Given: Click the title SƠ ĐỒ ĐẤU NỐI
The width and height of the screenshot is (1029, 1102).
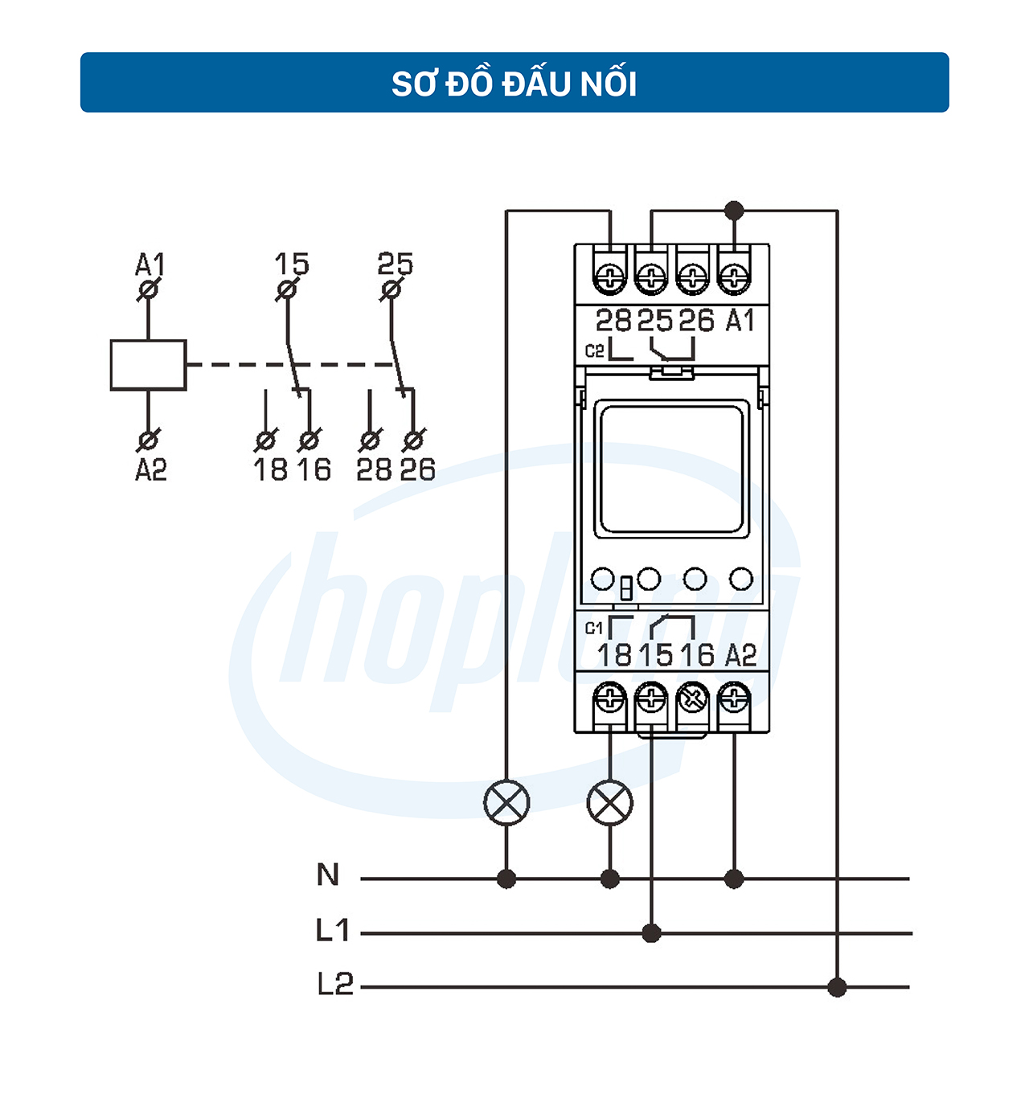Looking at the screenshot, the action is (x=514, y=84).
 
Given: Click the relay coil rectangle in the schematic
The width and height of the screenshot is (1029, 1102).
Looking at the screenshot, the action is (x=148, y=365).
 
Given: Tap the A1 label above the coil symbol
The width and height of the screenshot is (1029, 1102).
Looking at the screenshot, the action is (x=150, y=264).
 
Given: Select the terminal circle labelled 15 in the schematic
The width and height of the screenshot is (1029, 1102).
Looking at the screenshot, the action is (x=286, y=289).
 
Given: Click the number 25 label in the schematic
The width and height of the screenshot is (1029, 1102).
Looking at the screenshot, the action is (x=396, y=264).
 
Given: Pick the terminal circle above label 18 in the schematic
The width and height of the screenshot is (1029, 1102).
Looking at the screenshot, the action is (x=265, y=441).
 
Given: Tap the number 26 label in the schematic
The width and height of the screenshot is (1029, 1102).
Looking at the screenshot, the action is (x=417, y=469).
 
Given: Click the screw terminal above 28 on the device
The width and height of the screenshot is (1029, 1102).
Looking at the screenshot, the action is (x=610, y=276).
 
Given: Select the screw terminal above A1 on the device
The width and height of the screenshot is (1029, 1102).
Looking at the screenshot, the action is (x=734, y=276).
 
